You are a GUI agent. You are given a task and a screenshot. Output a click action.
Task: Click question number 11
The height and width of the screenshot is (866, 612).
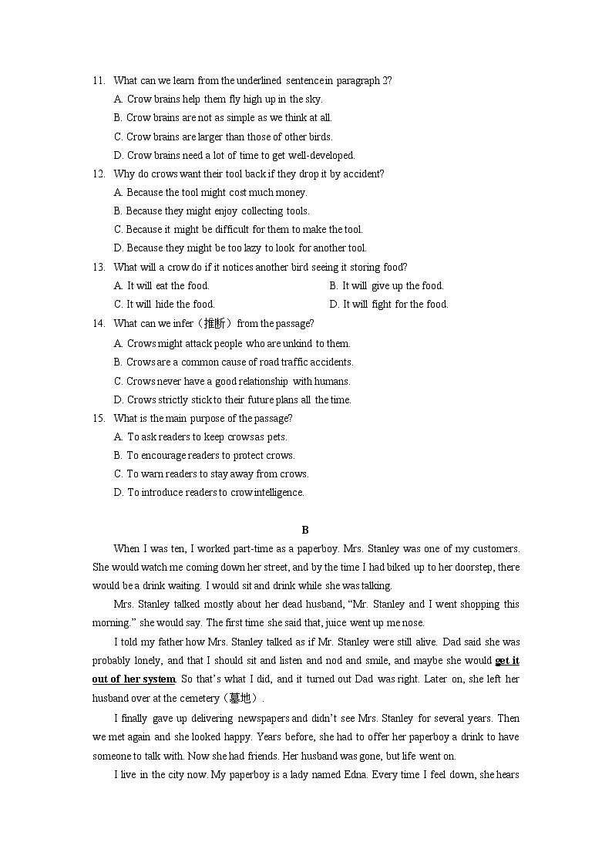coord(98,81)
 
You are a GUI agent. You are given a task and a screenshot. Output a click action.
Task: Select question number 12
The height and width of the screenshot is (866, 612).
coord(98,174)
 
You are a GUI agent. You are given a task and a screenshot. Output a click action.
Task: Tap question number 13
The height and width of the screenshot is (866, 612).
coord(98,268)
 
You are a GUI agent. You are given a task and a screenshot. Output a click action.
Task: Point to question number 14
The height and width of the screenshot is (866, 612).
coord(98,324)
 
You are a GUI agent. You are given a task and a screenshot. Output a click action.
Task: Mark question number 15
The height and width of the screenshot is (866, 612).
coord(98,419)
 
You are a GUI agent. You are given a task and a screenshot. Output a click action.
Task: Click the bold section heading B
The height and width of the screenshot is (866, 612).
coord(305,530)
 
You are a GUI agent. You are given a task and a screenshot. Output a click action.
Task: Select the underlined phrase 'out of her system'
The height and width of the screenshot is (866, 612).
coord(134,679)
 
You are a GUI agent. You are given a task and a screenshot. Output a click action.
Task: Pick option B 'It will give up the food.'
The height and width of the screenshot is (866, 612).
coord(386,286)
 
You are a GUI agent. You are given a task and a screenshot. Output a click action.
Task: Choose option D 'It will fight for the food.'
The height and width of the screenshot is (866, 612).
coord(388,305)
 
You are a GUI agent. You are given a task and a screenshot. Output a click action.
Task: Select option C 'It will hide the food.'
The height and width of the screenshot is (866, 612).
coord(164,305)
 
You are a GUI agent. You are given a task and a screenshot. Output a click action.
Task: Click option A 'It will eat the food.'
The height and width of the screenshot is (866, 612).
coord(161,286)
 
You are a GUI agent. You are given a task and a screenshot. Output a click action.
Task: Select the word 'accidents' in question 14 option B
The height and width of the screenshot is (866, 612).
coord(331,362)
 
